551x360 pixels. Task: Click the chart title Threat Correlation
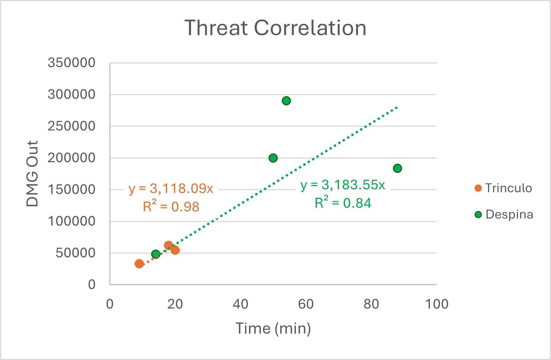point(275,28)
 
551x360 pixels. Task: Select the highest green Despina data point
point(286,101)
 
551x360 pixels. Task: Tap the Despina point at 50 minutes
point(273,158)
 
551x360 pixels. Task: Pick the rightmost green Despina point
point(397,168)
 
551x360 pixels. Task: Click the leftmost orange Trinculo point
point(139,263)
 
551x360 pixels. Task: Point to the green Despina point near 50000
point(156,254)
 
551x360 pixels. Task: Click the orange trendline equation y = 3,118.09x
point(171,189)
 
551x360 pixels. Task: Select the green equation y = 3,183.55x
point(343,185)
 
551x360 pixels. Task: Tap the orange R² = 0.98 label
point(171,207)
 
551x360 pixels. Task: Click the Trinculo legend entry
point(503,188)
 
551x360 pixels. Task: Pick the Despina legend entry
point(504,215)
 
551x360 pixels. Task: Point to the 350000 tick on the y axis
point(72,63)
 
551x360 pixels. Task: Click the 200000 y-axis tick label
point(72,158)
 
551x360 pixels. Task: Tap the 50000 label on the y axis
point(75,253)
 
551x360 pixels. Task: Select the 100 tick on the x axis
point(437,304)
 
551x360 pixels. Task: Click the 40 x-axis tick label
point(241,304)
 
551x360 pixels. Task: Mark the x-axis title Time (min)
point(273,328)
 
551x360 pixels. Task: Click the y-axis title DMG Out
point(33,174)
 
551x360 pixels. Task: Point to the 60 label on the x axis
point(306,304)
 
